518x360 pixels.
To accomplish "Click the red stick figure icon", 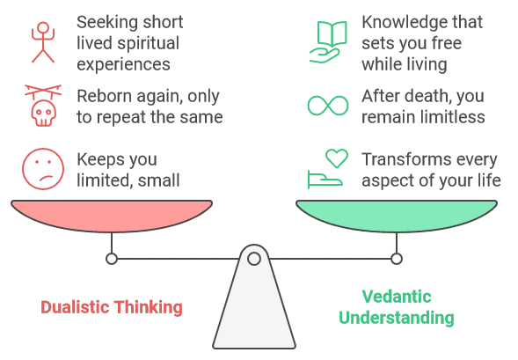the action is tap(43, 42).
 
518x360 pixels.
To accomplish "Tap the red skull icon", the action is tap(43, 113).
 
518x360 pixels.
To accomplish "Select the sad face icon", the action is tap(43, 169).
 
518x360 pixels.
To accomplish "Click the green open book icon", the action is tap(332, 34).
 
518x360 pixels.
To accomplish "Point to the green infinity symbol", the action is tap(328, 106).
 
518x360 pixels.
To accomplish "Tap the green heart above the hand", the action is tap(337, 158).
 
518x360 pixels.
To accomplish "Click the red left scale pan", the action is tap(112, 215).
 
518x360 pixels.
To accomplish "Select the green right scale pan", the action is tap(397, 215).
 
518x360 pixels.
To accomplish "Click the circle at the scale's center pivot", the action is tap(254, 259).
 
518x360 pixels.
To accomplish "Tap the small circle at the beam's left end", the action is tap(112, 259).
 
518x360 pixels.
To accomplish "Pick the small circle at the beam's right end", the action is tap(397, 259).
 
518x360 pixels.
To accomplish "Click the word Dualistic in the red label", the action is tap(76, 307).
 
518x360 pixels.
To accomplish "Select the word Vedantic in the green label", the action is tap(397, 297).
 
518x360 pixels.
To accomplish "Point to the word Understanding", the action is tap(397, 318).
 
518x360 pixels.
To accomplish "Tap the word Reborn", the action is tap(104, 96).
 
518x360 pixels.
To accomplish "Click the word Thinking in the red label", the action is tap(149, 308).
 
